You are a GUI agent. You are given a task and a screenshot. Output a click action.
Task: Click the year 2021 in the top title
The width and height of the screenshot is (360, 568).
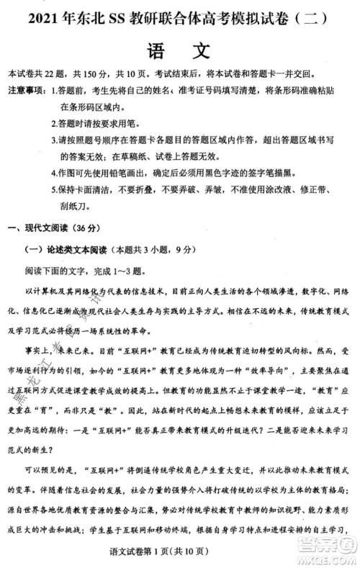point(45,15)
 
